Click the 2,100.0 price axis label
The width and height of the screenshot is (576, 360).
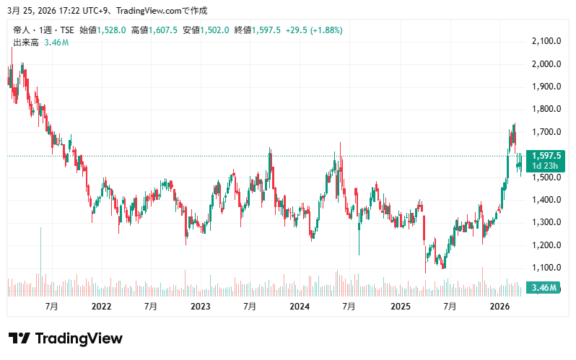tap(546, 41)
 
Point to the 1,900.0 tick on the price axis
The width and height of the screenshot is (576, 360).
tap(546, 87)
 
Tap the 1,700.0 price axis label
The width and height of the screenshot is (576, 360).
tap(546, 132)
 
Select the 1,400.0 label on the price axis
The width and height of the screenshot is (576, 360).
tap(546, 200)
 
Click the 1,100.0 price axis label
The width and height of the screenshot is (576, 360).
tap(546, 268)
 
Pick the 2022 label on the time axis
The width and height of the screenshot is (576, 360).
tap(101, 307)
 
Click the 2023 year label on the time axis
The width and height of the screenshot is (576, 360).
tap(200, 307)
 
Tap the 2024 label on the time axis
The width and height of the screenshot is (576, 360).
tap(300, 307)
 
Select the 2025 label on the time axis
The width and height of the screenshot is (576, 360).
tap(399, 307)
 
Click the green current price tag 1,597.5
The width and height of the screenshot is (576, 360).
tap(546, 156)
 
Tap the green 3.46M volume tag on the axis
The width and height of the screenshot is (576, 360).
tap(544, 289)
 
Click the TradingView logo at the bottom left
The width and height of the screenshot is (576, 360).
tap(65, 338)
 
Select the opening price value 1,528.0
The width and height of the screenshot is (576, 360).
tap(112, 30)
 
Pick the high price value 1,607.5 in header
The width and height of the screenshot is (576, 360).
tap(163, 30)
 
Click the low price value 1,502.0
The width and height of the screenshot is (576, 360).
tap(215, 30)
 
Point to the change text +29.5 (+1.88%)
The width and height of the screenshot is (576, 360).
tap(313, 30)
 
